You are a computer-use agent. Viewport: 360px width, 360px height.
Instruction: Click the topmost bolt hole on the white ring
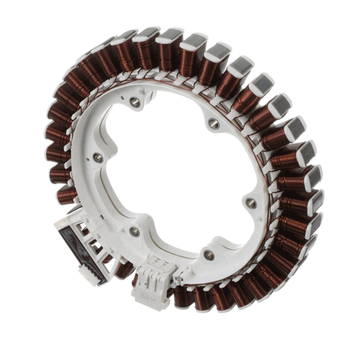click(135, 102)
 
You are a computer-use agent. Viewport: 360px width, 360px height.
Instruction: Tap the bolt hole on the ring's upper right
click(214, 124)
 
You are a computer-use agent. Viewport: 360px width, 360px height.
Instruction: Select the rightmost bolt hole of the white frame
click(251, 203)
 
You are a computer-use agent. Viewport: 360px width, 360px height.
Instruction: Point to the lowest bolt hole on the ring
click(209, 255)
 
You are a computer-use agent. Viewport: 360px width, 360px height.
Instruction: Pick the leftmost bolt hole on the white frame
click(98, 157)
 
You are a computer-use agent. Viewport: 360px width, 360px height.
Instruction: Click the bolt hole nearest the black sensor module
click(134, 232)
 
